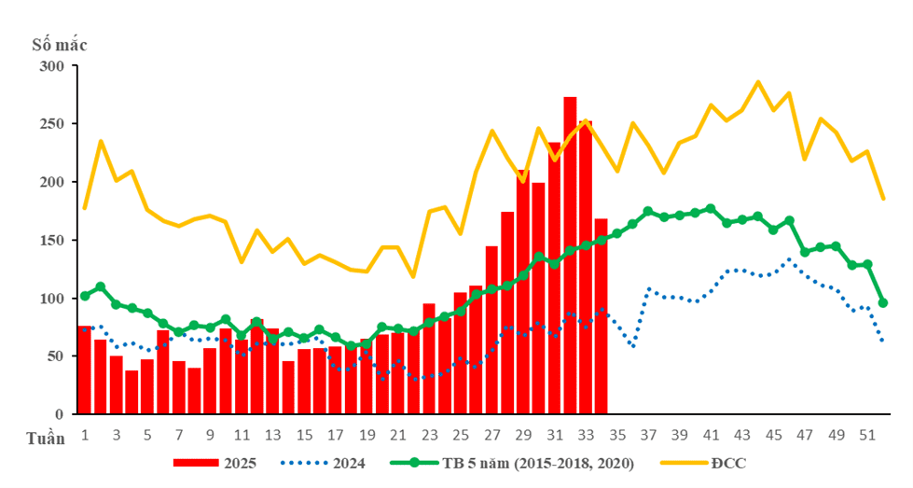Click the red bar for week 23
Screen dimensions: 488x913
click(x=429, y=358)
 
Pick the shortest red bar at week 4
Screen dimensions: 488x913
click(x=131, y=392)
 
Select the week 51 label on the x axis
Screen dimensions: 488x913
click(x=867, y=435)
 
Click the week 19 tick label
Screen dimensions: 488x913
click(x=367, y=435)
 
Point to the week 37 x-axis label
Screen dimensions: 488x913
click(x=648, y=435)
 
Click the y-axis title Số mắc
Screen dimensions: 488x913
click(x=60, y=43)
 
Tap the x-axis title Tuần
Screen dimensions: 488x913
click(x=43, y=439)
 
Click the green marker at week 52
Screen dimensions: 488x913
click(x=882, y=303)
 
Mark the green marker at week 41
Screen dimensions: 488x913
click(x=711, y=209)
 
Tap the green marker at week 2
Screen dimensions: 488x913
click(x=101, y=286)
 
